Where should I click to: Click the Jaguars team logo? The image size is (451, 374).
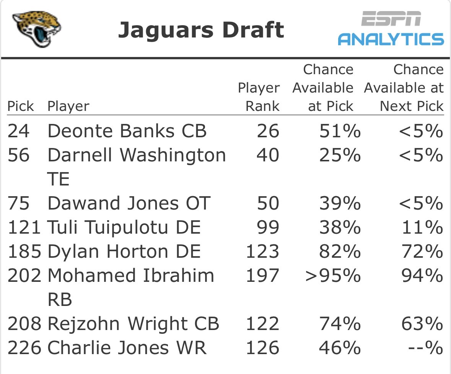(x=36, y=29)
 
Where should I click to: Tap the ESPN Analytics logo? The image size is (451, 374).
(x=391, y=28)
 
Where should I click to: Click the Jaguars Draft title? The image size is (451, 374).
(x=201, y=30)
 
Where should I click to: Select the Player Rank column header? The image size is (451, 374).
(x=259, y=97)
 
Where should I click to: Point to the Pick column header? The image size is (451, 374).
(x=20, y=106)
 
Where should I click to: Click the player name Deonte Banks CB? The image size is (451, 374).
(x=127, y=131)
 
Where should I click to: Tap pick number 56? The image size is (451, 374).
(x=18, y=155)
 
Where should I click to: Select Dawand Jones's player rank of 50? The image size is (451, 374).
(x=268, y=203)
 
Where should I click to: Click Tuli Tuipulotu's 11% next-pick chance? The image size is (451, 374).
(x=422, y=228)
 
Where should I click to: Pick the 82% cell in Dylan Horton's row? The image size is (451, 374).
(x=340, y=252)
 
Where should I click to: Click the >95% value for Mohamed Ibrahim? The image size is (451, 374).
(x=333, y=276)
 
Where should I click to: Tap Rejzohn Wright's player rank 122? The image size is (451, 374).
(x=262, y=324)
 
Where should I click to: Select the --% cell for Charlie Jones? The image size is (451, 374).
(x=425, y=348)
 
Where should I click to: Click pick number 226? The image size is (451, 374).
(x=24, y=348)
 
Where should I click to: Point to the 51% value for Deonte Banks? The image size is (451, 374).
(x=340, y=131)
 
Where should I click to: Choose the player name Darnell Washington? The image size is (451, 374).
(x=137, y=155)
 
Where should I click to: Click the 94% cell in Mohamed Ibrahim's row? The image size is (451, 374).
(x=422, y=276)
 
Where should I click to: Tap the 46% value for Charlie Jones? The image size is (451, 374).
(x=340, y=348)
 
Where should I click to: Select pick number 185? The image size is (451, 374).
(x=24, y=252)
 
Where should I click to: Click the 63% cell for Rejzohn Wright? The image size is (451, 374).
(x=422, y=324)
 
